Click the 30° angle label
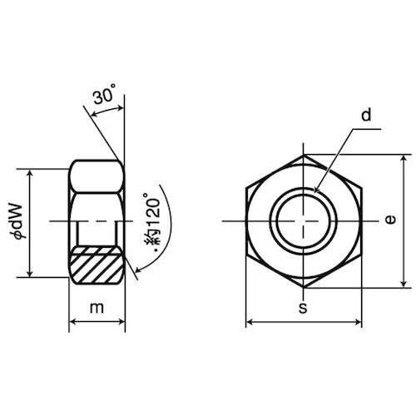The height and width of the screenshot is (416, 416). coord(104,94)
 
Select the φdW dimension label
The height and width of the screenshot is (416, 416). coord(19,221)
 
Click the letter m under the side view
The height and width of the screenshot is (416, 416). coord(97,308)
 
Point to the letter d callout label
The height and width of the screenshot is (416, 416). coord(366,115)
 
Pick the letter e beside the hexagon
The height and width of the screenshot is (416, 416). coord(390,220)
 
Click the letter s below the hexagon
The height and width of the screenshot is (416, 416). coord(303,308)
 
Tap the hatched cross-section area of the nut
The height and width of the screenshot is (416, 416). coord(97,265)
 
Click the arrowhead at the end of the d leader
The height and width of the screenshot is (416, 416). coord(316,189)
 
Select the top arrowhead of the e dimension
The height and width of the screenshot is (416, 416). coord(404,159)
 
